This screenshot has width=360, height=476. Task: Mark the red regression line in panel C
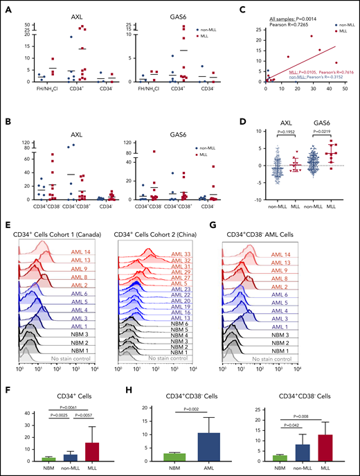pyautogui.click(x=305, y=63)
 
